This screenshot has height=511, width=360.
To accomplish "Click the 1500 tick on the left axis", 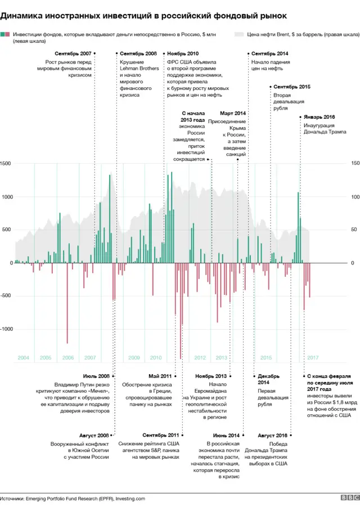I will [x=6, y=163].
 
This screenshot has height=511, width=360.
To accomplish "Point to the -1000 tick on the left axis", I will [x=7, y=329].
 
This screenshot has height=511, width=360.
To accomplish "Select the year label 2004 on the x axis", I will [x=24, y=358].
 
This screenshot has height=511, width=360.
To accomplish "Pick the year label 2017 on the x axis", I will [x=313, y=358].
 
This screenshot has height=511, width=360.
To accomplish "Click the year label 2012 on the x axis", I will [x=200, y=358].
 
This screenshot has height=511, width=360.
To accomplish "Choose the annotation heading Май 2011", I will [x=160, y=376].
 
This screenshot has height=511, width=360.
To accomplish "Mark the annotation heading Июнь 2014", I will [x=226, y=436].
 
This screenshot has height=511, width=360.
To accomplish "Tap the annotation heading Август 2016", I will [x=272, y=436].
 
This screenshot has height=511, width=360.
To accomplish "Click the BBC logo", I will [x=349, y=499].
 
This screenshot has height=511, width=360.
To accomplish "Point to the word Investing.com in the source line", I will [x=130, y=499].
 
